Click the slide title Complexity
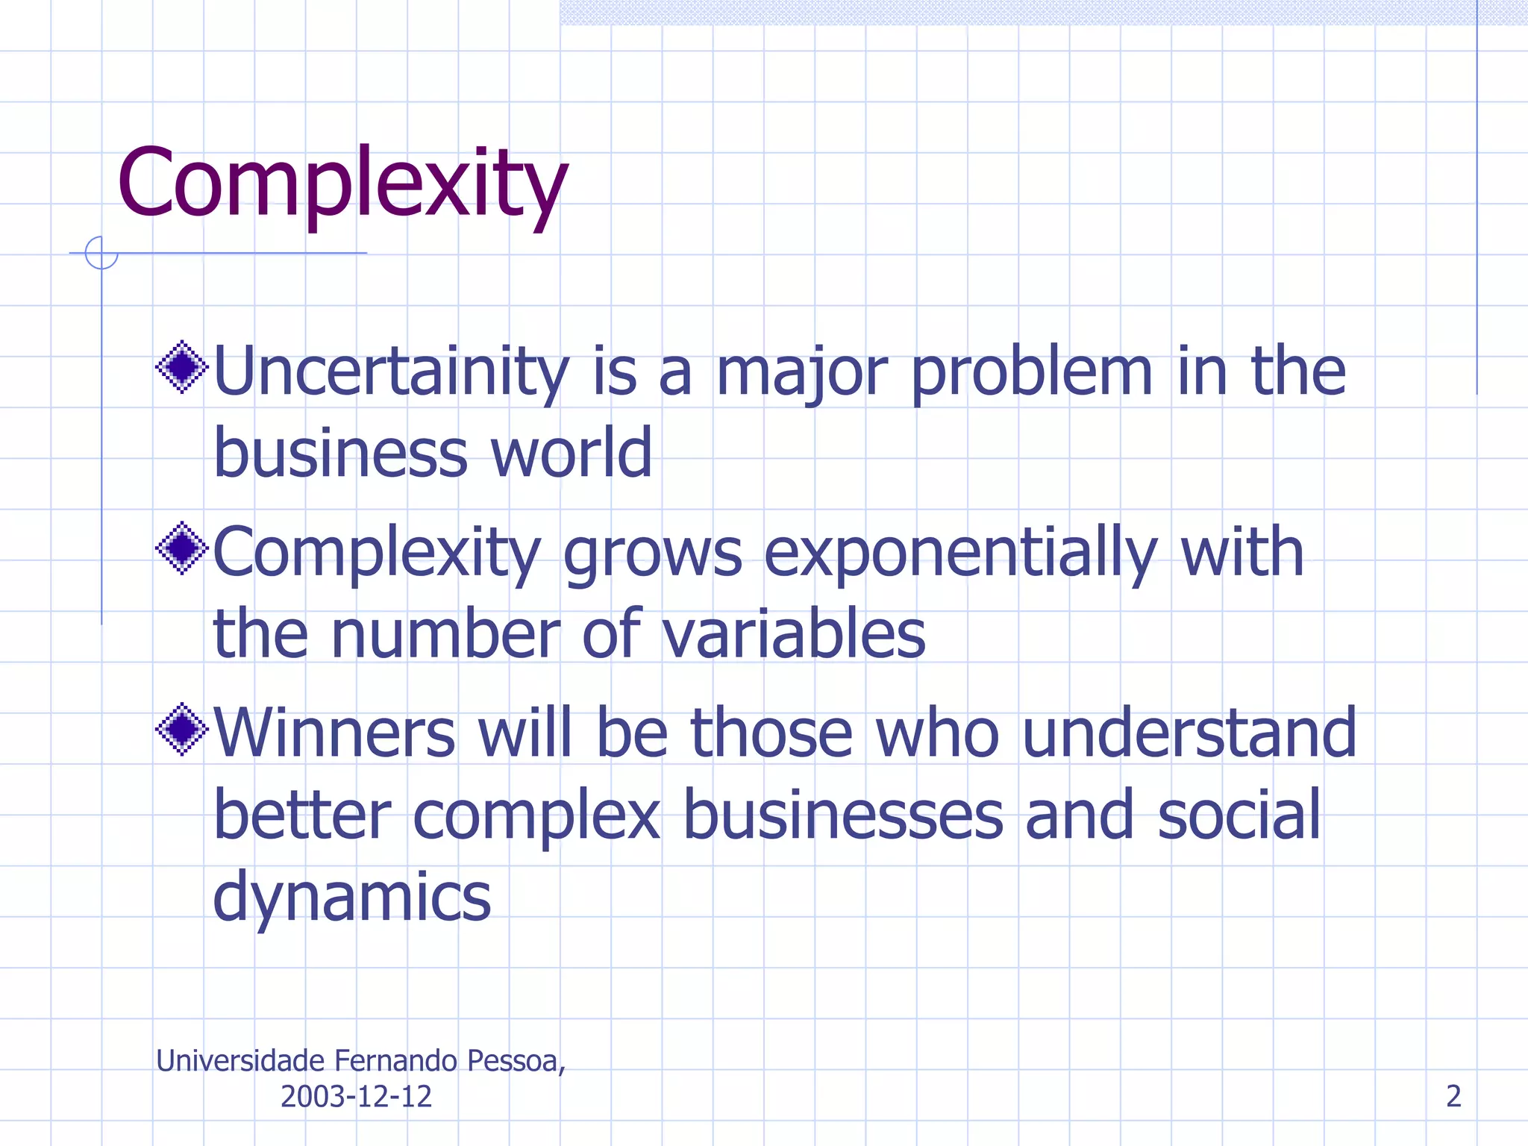click(x=342, y=184)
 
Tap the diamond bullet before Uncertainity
click(x=181, y=366)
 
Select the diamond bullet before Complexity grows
click(x=181, y=548)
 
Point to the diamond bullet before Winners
click(x=181, y=729)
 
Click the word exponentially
click(x=959, y=554)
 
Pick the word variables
click(x=793, y=635)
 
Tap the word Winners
click(x=334, y=733)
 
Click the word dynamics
click(x=351, y=898)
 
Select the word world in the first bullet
click(x=571, y=453)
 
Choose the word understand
click(x=1189, y=733)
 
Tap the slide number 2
click(x=1453, y=1096)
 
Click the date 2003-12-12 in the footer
click(x=356, y=1096)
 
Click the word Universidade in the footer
click(x=240, y=1061)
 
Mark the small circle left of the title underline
click(x=101, y=253)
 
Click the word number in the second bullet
click(x=445, y=635)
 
